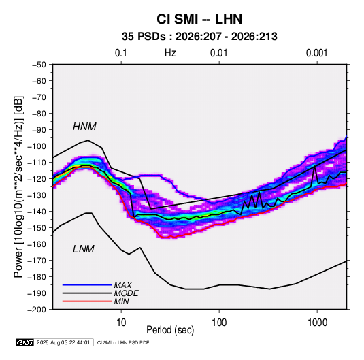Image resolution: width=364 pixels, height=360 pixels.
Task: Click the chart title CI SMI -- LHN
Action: pyautogui.click(x=199, y=19)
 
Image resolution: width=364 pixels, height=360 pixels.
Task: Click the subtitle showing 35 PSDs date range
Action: pyautogui.click(x=199, y=37)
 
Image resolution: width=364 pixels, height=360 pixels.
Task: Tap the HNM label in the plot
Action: pyautogui.click(x=84, y=127)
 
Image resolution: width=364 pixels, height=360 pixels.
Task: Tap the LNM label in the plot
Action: pyautogui.click(x=84, y=249)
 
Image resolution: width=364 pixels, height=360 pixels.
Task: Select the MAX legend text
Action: pyautogui.click(x=122, y=284)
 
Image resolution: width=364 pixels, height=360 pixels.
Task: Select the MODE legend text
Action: pyautogui.click(x=126, y=293)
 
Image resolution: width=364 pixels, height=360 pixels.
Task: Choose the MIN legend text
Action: pyautogui.click(x=121, y=301)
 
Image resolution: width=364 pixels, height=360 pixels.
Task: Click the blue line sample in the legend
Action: pyautogui.click(x=87, y=285)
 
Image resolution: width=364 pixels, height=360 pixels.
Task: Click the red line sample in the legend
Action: pyautogui.click(x=87, y=301)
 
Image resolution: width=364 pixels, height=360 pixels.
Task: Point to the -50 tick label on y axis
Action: pyautogui.click(x=39, y=65)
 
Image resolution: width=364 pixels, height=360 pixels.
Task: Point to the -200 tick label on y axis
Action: pyautogui.click(x=37, y=310)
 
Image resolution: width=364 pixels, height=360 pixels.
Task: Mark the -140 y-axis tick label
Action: pyautogui.click(x=37, y=212)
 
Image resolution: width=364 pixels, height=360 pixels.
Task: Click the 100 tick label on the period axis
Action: pyautogui.click(x=219, y=323)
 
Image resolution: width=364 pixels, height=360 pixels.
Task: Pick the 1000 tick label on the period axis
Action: pyautogui.click(x=317, y=323)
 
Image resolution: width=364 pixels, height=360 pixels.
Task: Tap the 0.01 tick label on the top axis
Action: pyautogui.click(x=218, y=53)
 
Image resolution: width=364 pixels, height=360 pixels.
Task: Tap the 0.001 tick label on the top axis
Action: pyautogui.click(x=316, y=53)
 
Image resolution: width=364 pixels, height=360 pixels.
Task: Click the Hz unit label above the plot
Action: pyautogui.click(x=170, y=53)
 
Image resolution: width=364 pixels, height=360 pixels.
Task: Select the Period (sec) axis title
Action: pyautogui.click(x=170, y=330)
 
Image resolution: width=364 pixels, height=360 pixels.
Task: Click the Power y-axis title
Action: pyautogui.click(x=18, y=186)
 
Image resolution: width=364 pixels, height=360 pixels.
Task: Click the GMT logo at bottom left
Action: pyautogui.click(x=25, y=342)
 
